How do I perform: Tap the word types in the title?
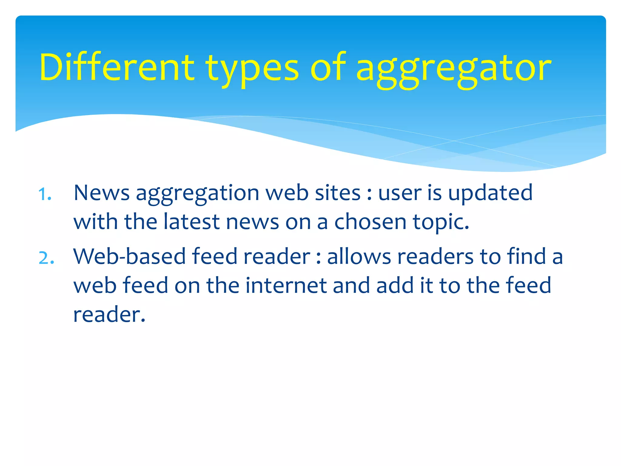pyautogui.click(x=252, y=69)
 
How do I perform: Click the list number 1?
pyautogui.click(x=45, y=194)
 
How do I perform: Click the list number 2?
pyautogui.click(x=46, y=258)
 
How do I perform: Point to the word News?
pyautogui.click(x=102, y=193)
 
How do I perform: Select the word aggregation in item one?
pyautogui.click(x=197, y=194)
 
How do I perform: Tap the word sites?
pyautogui.click(x=338, y=193)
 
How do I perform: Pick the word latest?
pyautogui.click(x=191, y=221)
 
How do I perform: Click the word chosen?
pyautogui.click(x=370, y=221)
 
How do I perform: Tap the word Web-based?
pyautogui.click(x=129, y=256)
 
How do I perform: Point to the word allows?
pyautogui.click(x=359, y=256)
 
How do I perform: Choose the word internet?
pyautogui.click(x=286, y=285)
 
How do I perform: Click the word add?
pyautogui.click(x=395, y=285)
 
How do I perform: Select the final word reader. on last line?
pyautogui.click(x=109, y=315)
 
